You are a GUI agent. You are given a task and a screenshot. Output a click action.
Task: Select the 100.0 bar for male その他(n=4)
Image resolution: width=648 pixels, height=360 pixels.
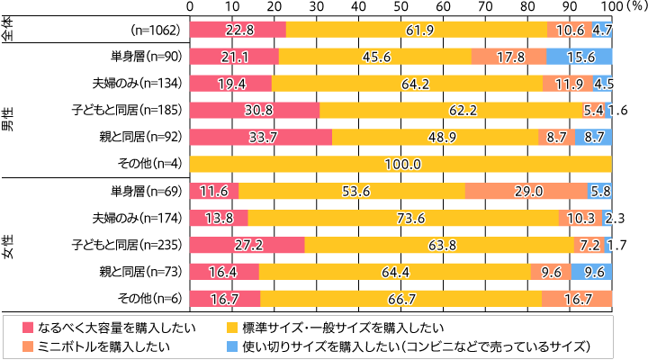pos(400,164)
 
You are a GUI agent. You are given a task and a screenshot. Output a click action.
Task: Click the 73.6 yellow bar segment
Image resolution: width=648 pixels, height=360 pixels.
pos(402,218)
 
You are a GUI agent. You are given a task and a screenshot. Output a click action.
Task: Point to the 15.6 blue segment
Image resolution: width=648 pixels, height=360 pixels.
pos(579,57)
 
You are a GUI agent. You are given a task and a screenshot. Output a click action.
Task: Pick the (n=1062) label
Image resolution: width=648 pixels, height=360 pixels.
pos(157,30)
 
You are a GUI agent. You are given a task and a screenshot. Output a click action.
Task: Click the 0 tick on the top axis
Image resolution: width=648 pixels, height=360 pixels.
pos(190,6)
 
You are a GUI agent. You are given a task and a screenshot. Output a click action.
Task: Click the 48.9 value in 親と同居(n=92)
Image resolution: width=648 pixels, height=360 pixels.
pos(435,137)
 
